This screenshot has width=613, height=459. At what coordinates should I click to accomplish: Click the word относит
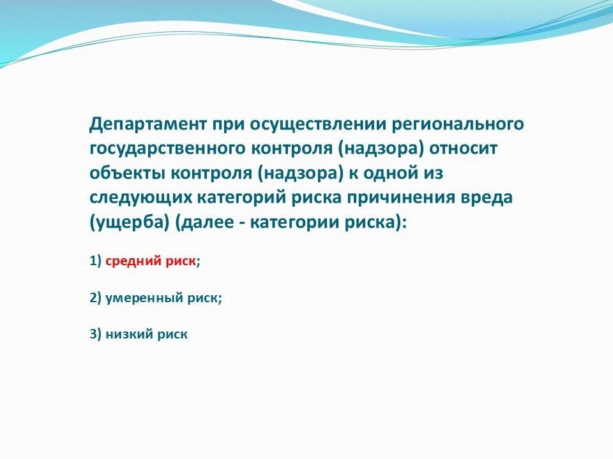(x=464, y=149)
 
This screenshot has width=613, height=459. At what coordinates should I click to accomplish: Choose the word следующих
(x=140, y=198)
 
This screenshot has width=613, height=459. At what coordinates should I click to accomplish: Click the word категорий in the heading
(x=241, y=198)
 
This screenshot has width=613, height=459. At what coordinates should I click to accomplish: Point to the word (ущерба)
(x=130, y=222)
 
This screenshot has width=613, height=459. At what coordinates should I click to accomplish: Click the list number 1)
(x=96, y=261)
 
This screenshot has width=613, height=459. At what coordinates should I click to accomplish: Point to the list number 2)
(x=96, y=298)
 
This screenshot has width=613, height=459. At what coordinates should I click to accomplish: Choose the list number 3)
(x=96, y=335)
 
